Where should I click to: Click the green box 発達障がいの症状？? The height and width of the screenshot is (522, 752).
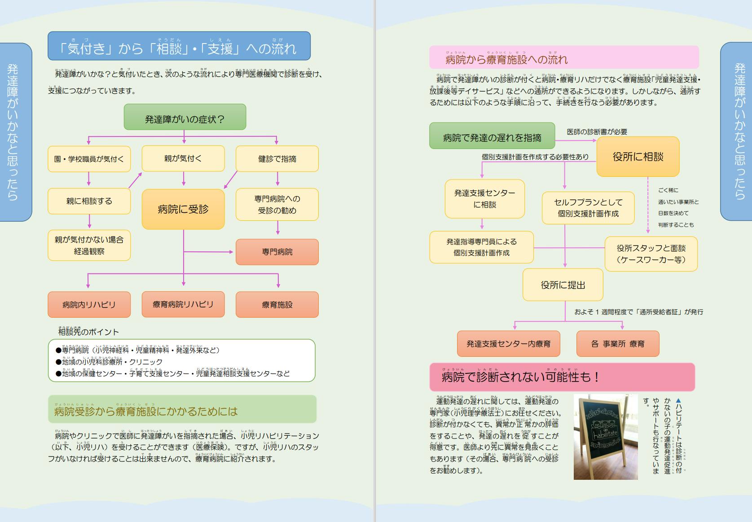click(x=185, y=118)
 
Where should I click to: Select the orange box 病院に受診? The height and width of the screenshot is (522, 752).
click(x=183, y=209)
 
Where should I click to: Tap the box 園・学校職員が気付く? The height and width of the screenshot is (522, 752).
click(x=89, y=159)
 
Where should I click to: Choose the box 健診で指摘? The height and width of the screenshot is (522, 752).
click(x=277, y=159)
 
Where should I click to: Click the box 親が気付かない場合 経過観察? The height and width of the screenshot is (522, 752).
click(x=89, y=246)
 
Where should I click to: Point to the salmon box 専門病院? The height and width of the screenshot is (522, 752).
click(x=277, y=252)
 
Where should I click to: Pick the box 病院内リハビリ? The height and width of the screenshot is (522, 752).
click(x=89, y=305)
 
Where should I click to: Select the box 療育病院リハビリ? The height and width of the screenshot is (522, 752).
click(x=183, y=304)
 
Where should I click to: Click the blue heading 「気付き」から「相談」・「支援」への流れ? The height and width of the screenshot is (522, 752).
click(x=179, y=46)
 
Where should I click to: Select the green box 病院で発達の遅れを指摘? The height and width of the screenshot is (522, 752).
click(x=492, y=136)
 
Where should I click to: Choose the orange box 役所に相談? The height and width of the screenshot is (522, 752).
click(x=638, y=157)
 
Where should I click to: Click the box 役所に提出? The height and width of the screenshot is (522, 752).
click(x=563, y=285)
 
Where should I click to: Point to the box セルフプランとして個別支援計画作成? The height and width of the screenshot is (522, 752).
click(x=588, y=208)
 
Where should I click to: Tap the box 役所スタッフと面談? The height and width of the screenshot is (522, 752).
click(x=651, y=254)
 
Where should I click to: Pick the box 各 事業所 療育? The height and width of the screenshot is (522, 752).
click(x=618, y=344)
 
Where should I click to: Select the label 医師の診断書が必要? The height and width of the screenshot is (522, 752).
click(x=597, y=132)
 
